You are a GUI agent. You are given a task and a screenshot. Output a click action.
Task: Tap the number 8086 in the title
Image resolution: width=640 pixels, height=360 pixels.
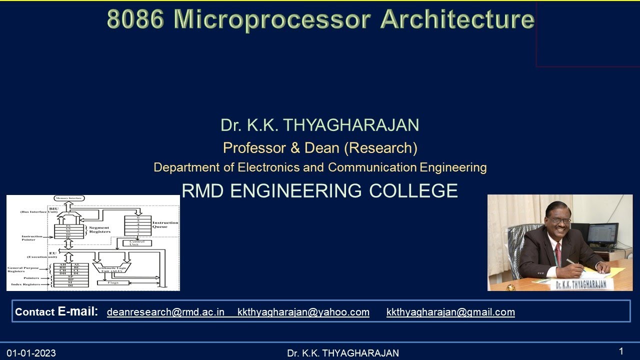pos(135,19)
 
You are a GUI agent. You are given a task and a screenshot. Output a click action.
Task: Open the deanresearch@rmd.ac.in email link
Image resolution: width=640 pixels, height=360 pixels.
pos(165,312)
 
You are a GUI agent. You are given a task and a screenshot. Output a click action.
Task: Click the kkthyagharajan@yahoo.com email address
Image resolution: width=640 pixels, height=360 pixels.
pos(303,312)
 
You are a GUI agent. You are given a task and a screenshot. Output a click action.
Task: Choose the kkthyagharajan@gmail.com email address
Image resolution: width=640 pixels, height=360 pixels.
pos(450,312)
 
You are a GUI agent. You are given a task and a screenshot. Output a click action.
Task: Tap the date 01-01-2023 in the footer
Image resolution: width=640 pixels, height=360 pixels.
pos(31,353)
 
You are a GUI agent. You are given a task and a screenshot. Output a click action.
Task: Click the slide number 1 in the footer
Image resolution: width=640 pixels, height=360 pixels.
pos(621,351)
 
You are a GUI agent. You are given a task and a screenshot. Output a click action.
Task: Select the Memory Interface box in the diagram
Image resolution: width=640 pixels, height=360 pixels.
pos(69,198)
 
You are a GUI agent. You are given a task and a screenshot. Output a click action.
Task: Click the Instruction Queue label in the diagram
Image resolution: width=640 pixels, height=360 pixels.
pos(165,224)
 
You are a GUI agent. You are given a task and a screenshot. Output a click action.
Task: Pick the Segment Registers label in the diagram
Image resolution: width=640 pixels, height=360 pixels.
pos(99,229)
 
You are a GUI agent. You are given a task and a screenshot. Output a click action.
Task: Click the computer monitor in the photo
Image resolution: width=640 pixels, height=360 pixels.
pos(602,234)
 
